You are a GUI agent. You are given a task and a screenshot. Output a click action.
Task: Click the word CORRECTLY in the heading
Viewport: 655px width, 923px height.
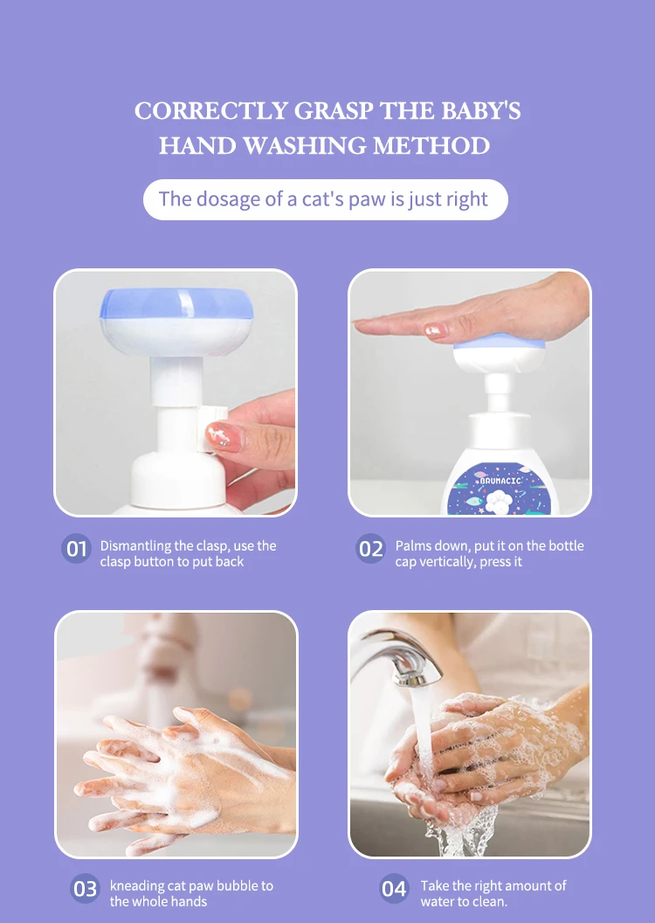tap(211, 111)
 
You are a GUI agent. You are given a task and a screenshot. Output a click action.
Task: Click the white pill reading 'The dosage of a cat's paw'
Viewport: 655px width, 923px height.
tap(325, 199)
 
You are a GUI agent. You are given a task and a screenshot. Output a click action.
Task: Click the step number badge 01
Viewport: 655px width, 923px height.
tap(77, 549)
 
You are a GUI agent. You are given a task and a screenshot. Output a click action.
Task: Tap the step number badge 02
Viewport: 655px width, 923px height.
tap(371, 549)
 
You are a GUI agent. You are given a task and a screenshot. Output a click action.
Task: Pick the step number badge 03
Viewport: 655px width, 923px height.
tap(86, 888)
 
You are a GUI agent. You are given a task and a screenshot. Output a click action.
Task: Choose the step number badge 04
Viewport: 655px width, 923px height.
tap(394, 888)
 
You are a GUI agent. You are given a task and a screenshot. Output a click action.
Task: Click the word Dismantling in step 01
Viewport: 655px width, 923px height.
tap(135, 545)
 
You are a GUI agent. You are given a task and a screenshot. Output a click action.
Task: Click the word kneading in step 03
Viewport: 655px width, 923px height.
tap(137, 885)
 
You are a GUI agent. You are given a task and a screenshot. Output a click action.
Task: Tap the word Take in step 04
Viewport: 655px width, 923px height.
tap(434, 885)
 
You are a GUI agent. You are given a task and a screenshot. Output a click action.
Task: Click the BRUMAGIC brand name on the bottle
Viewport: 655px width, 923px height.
tap(500, 481)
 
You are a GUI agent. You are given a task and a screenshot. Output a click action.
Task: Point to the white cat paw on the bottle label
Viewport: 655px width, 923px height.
tap(500, 502)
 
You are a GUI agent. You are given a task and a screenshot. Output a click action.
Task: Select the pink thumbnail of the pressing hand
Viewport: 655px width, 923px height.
tap(436, 330)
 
